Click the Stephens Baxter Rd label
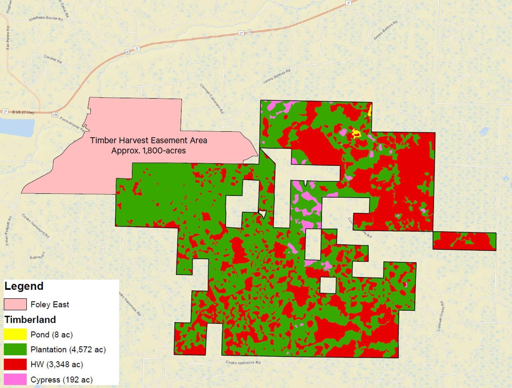[x=46, y=18]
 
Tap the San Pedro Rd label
[x=8, y=38]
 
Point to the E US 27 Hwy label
[x=23, y=112]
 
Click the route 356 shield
[x=55, y=114]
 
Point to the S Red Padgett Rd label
[x=9, y=231]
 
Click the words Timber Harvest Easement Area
[x=148, y=140]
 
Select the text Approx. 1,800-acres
[x=148, y=151]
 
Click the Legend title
[x=24, y=286]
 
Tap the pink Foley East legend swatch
[x=15, y=304]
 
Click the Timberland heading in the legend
[x=30, y=320]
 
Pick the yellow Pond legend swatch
[x=15, y=334]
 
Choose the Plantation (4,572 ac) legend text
[x=68, y=350]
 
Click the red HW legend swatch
[x=15, y=365]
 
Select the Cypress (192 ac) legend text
[x=61, y=380]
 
